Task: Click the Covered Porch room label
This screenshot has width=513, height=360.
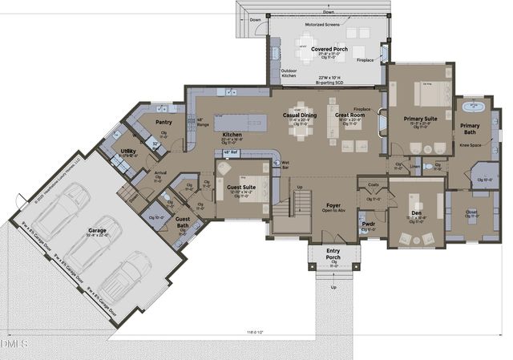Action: coord(329,49)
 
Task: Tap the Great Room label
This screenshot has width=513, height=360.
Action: coord(350,115)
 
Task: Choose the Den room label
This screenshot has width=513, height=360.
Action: coord(417,212)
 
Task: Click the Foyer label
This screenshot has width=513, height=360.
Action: coord(334,205)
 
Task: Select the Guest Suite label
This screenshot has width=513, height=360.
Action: coord(241,187)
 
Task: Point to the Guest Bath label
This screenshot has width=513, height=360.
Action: coord(183,221)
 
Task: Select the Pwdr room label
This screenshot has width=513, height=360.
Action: coord(368,224)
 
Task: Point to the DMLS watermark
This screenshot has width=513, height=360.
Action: coord(14,345)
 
